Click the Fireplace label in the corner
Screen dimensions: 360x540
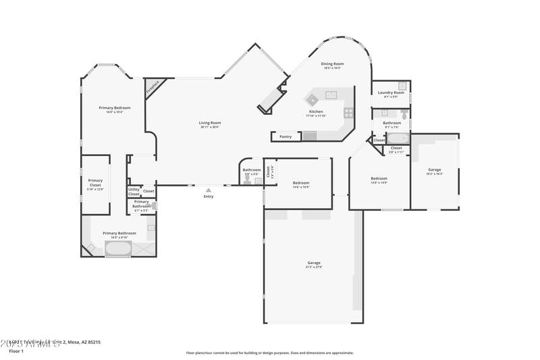pos(153,88)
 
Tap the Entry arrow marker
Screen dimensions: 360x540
pos(209,190)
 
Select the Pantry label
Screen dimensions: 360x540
pos(286,136)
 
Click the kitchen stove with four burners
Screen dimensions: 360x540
pos(348,113)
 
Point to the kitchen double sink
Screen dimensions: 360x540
pos(331,95)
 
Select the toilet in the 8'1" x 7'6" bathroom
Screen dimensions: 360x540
pos(404,113)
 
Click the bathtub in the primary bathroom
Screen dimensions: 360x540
pos(118,249)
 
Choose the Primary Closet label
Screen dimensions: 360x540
pos(95,182)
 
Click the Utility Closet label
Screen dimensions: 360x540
pos(134,192)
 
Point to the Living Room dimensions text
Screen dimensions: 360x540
pos(210,128)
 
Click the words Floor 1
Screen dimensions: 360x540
pos(16,351)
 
